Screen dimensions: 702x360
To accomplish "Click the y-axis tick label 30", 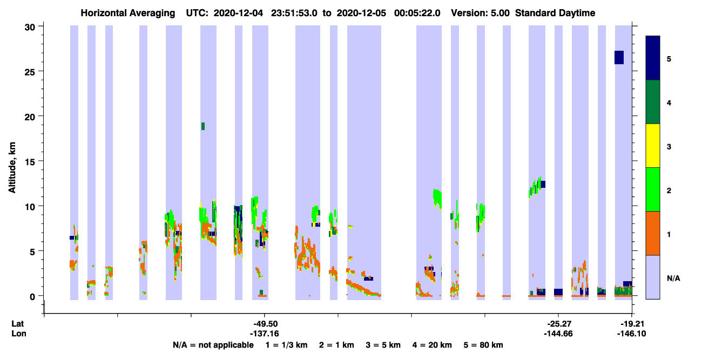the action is pyautogui.click(x=30, y=28).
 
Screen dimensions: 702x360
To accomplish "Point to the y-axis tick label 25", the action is pyautogui.click(x=30, y=72).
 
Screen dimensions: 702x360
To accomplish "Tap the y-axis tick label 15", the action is pyautogui.click(x=30, y=162).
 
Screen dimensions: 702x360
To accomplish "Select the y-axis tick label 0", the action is pyautogui.click(x=32, y=297).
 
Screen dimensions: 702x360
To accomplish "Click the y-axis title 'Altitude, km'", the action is pyautogui.click(x=12, y=168).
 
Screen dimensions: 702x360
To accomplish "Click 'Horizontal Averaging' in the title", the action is pyautogui.click(x=128, y=13).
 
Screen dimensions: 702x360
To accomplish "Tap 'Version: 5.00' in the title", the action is pyautogui.click(x=480, y=13).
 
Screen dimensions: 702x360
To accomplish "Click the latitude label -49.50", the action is pyautogui.click(x=266, y=324).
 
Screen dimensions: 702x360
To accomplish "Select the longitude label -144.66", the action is pyautogui.click(x=558, y=334).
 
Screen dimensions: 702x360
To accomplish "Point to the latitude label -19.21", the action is pyautogui.click(x=632, y=324).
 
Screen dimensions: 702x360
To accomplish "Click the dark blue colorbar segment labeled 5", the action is pyautogui.click(x=653, y=58).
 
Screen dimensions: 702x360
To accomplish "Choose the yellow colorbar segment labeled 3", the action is pyautogui.click(x=653, y=146).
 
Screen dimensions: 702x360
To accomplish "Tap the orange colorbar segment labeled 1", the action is pyautogui.click(x=653, y=233).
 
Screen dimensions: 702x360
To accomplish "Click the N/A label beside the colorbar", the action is pyautogui.click(x=673, y=279).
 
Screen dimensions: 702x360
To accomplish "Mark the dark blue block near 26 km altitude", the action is pyautogui.click(x=619, y=58).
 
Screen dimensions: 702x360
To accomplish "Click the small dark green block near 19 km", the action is pyautogui.click(x=203, y=126).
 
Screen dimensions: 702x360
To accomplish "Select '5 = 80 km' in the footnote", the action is pyautogui.click(x=483, y=345).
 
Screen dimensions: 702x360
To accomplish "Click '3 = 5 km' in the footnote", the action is pyautogui.click(x=383, y=345).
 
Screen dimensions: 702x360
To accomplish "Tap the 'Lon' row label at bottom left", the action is pyautogui.click(x=19, y=334).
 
